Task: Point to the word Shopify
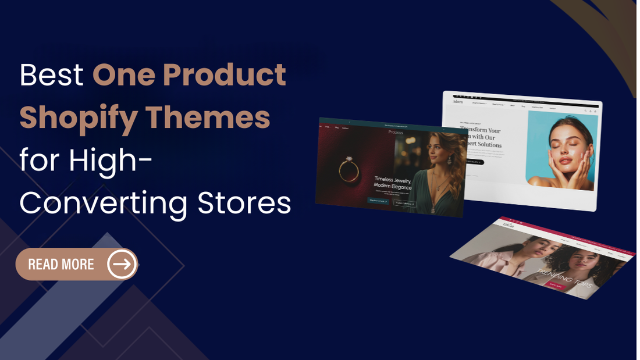pyautogui.click(x=78, y=118)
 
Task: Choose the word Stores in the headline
pyautogui.click(x=244, y=204)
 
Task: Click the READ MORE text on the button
pyautogui.click(x=61, y=265)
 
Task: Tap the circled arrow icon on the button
pyautogui.click(x=122, y=265)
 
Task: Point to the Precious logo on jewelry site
pyautogui.click(x=395, y=133)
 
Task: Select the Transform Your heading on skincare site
pyautogui.click(x=481, y=131)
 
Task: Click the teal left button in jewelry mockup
pyautogui.click(x=379, y=201)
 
